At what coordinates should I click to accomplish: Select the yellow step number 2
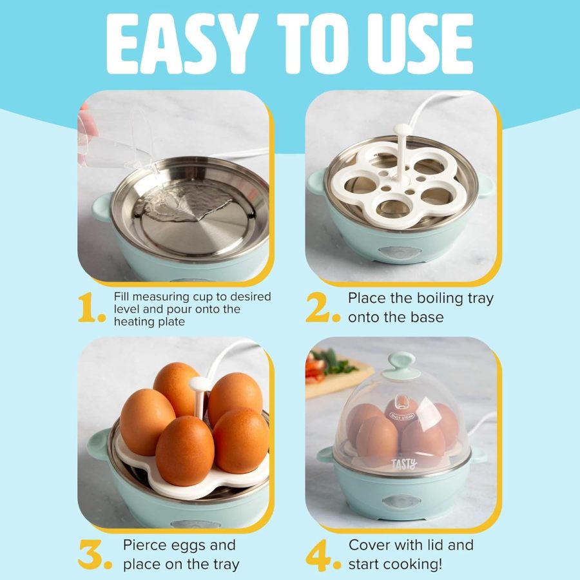pos(320,308)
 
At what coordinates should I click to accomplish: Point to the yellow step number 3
pos(93,554)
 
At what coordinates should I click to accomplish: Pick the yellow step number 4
pos(320,554)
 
